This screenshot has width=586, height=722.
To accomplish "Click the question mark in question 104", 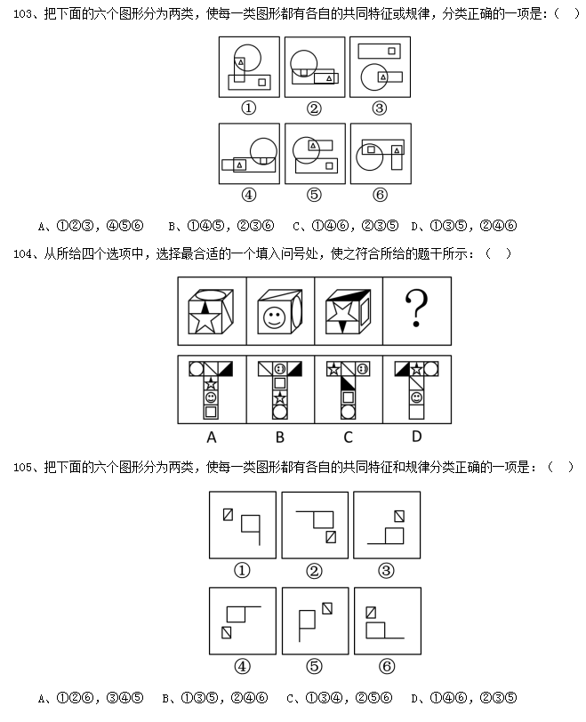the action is tap(416, 309).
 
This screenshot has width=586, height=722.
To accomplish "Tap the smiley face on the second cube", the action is tap(275, 317).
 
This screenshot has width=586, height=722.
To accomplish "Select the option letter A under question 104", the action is tap(212, 437).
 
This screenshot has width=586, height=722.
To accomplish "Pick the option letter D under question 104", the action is tap(416, 436).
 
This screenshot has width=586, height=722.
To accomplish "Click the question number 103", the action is tap(23, 14).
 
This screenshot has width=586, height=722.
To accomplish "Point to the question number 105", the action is tap(23, 468).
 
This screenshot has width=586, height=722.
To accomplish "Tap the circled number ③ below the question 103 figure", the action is tap(380, 108).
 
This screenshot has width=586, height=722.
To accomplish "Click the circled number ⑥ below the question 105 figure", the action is tap(387, 666).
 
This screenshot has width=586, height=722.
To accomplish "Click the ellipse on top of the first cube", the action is tap(211, 294).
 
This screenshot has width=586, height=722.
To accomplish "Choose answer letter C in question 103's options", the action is tap(296, 226).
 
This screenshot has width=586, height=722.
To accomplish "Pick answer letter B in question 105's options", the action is tap(165, 698).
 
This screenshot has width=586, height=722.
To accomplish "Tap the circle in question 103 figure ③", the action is tap(374, 76).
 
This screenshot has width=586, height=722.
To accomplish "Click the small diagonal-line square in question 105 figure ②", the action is tap(331, 537).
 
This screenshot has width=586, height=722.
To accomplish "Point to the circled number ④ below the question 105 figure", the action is tap(242, 666).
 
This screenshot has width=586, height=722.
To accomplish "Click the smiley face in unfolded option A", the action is tap(211, 397).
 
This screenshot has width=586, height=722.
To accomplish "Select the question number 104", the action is tap(23, 253).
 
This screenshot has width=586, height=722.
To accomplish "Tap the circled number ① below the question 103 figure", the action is tap(249, 108).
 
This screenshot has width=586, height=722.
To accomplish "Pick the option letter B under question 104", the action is tap(280, 437).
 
